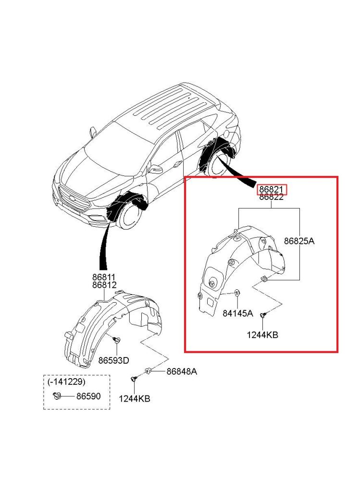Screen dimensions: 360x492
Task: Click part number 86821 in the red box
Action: pyautogui.click(x=272, y=189)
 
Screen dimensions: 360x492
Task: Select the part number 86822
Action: pyautogui.click(x=272, y=197)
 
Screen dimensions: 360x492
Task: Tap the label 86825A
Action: pyautogui.click(x=299, y=241)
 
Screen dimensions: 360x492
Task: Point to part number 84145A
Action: pyautogui.click(x=238, y=313)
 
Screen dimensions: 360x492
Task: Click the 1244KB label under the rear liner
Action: pyautogui.click(x=262, y=335)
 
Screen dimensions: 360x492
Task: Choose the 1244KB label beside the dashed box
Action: pyautogui.click(x=134, y=399)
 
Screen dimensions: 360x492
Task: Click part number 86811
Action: pyautogui.click(x=104, y=277)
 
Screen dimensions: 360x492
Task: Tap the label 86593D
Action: pyautogui.click(x=113, y=360)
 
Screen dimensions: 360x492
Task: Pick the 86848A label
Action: pyautogui.click(x=182, y=371)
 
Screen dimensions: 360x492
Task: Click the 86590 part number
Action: pyautogui.click(x=89, y=396)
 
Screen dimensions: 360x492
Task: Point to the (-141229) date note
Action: pyautogui.click(x=66, y=382)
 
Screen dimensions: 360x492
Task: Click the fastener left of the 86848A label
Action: pyautogui.click(x=149, y=371)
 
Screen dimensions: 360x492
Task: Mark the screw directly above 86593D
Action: pyautogui.click(x=116, y=340)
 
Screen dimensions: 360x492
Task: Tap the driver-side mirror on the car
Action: pyautogui.click(x=156, y=170)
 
